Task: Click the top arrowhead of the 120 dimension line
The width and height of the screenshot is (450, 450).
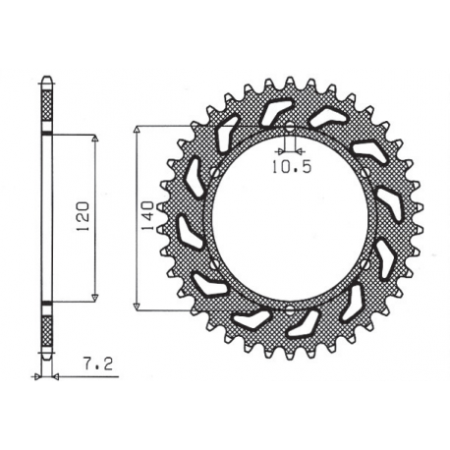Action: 94,141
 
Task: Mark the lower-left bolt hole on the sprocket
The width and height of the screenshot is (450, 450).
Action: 215,263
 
